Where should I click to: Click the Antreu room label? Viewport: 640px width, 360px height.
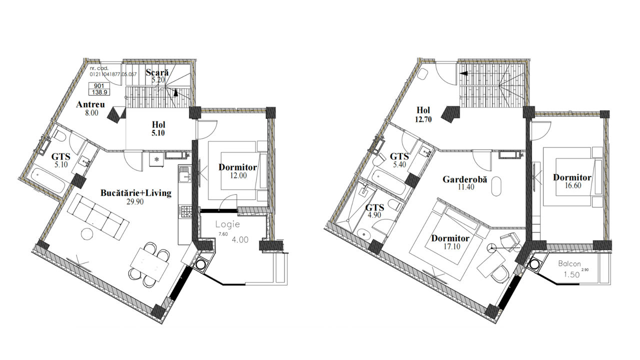[x=90, y=104]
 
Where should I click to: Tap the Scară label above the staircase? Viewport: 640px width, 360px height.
[x=157, y=72]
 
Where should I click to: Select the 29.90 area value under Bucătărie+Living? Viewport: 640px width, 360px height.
[x=135, y=201]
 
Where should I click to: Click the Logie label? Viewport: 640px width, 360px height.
[x=227, y=224]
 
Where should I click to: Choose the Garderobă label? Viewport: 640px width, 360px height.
[x=465, y=179]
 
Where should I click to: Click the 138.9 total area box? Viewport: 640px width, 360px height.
[x=99, y=92]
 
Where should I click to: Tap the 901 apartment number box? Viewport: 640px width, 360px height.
[x=99, y=86]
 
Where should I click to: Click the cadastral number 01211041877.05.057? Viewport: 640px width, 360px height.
[x=113, y=74]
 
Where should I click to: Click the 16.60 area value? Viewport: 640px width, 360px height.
[x=573, y=185]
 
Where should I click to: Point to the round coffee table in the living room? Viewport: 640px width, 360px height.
[x=87, y=234]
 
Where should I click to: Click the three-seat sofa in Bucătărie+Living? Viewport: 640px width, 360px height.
[x=98, y=216]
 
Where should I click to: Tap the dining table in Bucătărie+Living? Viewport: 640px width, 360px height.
[x=149, y=264]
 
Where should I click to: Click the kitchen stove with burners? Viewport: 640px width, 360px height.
[x=185, y=211]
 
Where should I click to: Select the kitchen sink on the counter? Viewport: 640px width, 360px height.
[x=185, y=174]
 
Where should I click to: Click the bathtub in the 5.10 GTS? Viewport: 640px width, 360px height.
[x=48, y=180]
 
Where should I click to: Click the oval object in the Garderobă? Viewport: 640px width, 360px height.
[x=496, y=186]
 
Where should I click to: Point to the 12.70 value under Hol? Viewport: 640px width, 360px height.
[x=423, y=119]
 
